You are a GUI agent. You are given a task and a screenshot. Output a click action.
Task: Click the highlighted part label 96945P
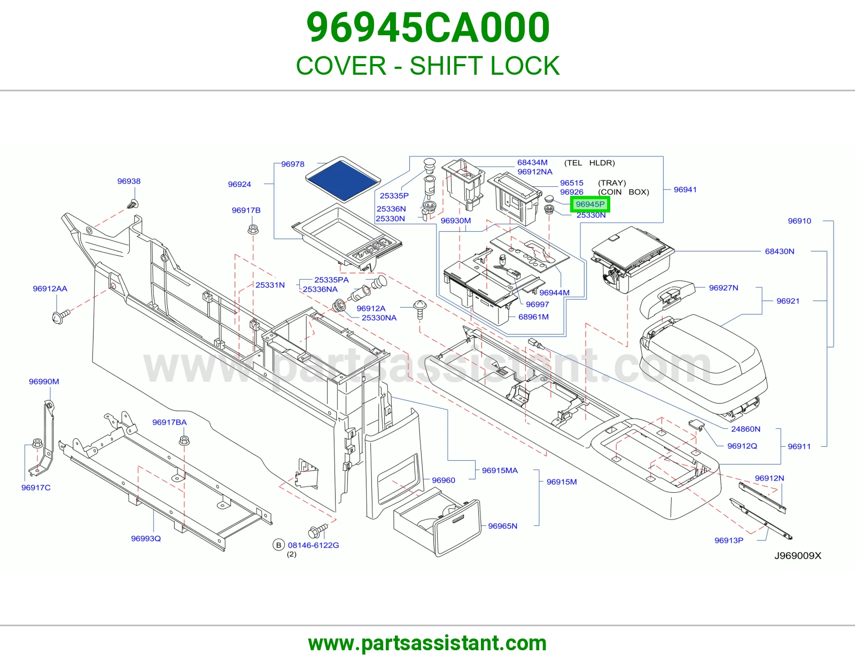590,204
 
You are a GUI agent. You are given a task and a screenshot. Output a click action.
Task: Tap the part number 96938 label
129,181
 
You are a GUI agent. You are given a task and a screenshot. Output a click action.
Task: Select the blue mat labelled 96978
343,179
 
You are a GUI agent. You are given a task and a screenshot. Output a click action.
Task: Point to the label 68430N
780,251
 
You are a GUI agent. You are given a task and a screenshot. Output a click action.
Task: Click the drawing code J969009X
797,555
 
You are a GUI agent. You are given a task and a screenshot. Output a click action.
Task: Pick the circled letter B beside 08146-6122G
278,545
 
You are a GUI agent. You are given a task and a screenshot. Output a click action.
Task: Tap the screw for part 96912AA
60,316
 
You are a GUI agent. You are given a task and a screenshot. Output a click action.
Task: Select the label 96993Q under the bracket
146,539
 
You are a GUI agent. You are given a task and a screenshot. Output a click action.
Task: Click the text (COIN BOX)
623,192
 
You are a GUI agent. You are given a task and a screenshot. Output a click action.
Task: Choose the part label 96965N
502,526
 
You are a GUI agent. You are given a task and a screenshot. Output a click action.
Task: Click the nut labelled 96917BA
184,440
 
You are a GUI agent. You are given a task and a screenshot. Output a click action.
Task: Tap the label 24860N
745,429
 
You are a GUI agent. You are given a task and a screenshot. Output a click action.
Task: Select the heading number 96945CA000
428,28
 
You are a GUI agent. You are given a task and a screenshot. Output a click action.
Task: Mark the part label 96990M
44,381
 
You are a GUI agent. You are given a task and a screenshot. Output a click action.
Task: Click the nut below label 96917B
253,229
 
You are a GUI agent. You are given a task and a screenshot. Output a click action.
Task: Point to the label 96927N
724,288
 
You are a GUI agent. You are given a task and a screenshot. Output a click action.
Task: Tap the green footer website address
428,643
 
